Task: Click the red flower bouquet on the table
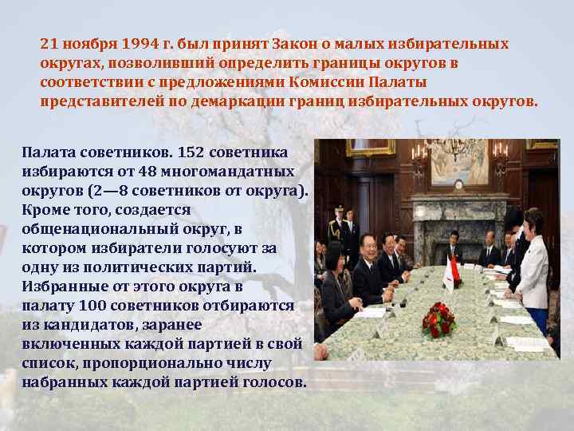pyautogui.click(x=437, y=318)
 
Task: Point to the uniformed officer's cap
pyautogui.click(x=339, y=209)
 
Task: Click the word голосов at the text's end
pyautogui.click(x=271, y=382)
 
